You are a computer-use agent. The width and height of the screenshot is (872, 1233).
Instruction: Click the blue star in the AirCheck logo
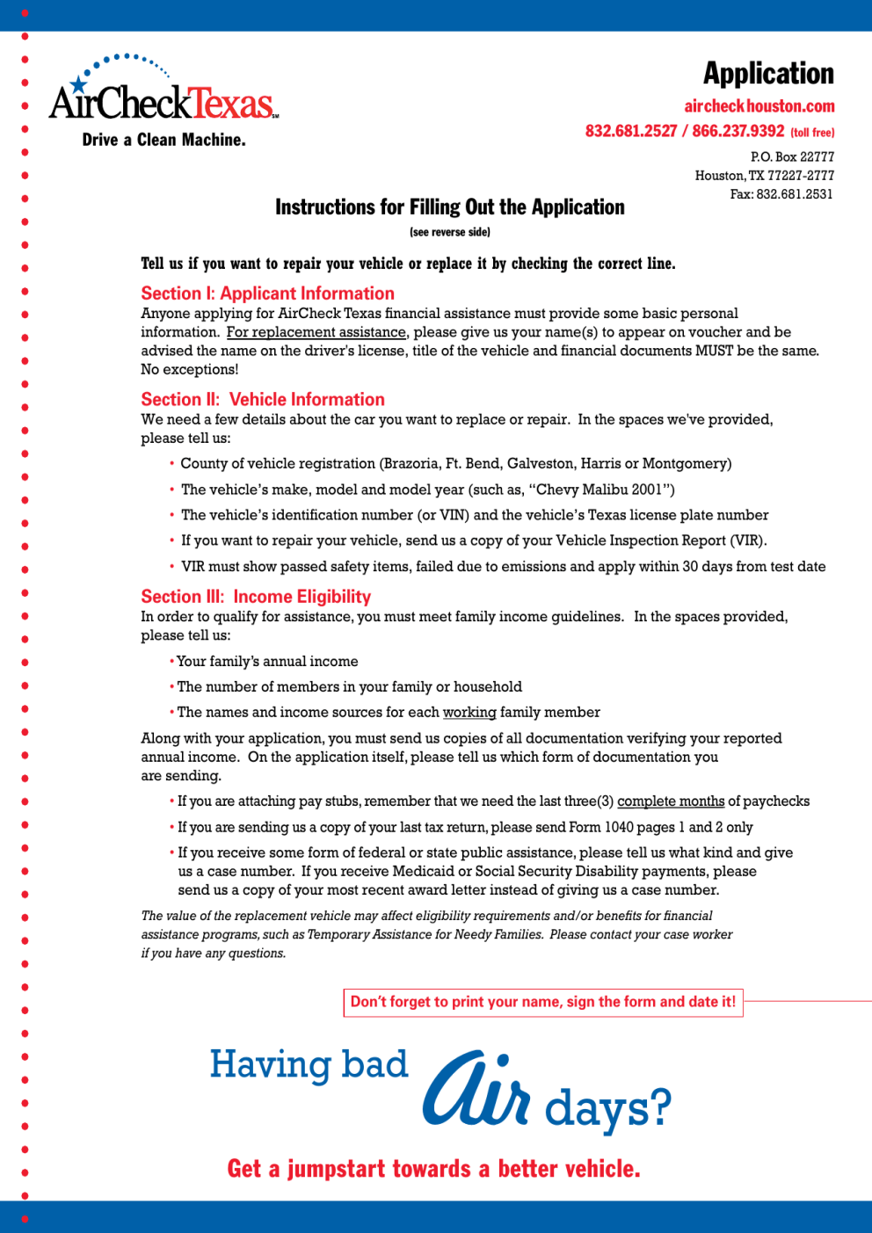coord(79,84)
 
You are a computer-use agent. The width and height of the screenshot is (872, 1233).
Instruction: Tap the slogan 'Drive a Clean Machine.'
coord(163,140)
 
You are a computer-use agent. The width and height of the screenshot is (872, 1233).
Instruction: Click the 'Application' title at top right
coord(768,74)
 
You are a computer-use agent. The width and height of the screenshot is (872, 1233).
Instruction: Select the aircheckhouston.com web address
coord(759,106)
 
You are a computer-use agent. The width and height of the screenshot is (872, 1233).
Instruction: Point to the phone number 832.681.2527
coord(631,131)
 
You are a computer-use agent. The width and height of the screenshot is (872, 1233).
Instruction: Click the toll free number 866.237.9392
coord(738,131)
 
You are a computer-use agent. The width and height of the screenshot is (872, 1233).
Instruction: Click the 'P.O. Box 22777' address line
coord(792,156)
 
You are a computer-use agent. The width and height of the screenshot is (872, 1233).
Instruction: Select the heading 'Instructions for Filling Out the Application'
coord(450,207)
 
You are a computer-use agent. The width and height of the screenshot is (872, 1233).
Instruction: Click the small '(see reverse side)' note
coord(450,232)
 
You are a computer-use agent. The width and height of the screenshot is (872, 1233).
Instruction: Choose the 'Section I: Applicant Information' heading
coord(267,294)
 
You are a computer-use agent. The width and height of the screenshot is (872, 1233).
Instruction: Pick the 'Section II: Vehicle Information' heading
coord(263,400)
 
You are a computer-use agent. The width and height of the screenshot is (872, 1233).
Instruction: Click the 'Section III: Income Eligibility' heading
coord(256,597)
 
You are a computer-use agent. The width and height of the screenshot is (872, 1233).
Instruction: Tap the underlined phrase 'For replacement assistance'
coord(316,332)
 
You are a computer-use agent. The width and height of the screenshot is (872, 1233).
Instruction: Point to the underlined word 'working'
coord(469,712)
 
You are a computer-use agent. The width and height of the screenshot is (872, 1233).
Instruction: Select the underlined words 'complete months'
coord(671,801)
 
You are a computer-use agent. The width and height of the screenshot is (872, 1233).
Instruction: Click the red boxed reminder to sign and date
coord(542,1002)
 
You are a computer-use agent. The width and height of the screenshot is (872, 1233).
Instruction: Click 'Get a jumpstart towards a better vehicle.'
coord(433,1169)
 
